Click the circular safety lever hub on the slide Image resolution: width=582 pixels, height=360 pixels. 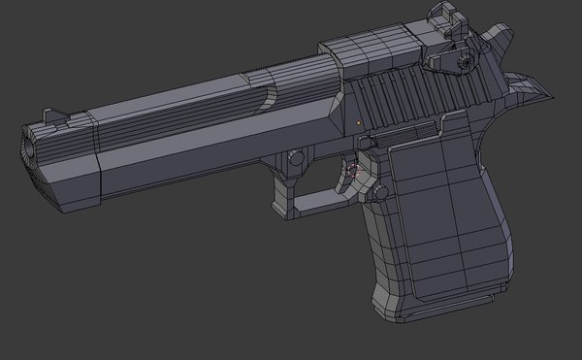tap(463, 60)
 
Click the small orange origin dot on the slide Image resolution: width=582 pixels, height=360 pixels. tap(359, 122)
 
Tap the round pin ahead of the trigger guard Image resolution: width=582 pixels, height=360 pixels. tap(293, 157)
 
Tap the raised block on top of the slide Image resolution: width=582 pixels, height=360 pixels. tap(369, 53)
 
